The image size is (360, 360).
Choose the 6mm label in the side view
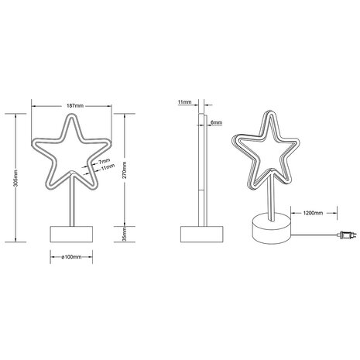click(x=216, y=122)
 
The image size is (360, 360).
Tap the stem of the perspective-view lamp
click(x=271, y=197)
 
